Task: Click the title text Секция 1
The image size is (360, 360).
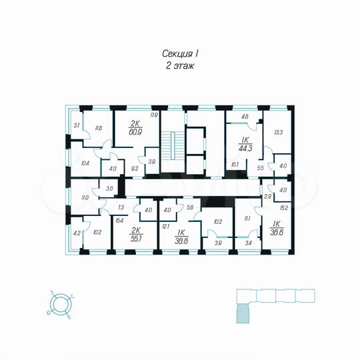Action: coord(180,53)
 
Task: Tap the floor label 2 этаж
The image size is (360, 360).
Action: coord(179,66)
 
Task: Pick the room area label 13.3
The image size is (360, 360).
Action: coord(277,132)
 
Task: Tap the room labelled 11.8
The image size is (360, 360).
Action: coord(98,128)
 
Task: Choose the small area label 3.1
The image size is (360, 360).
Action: coord(77,125)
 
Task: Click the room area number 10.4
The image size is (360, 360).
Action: coord(85,163)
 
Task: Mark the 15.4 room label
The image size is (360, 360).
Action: coord(119,220)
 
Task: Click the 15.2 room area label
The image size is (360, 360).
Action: coord(283,207)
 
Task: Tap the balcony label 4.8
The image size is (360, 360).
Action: coord(244,117)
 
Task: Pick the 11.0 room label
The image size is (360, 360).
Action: coord(85,198)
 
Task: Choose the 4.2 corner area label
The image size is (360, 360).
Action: coord(76,233)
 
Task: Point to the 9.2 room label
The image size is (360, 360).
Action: coord(134,169)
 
